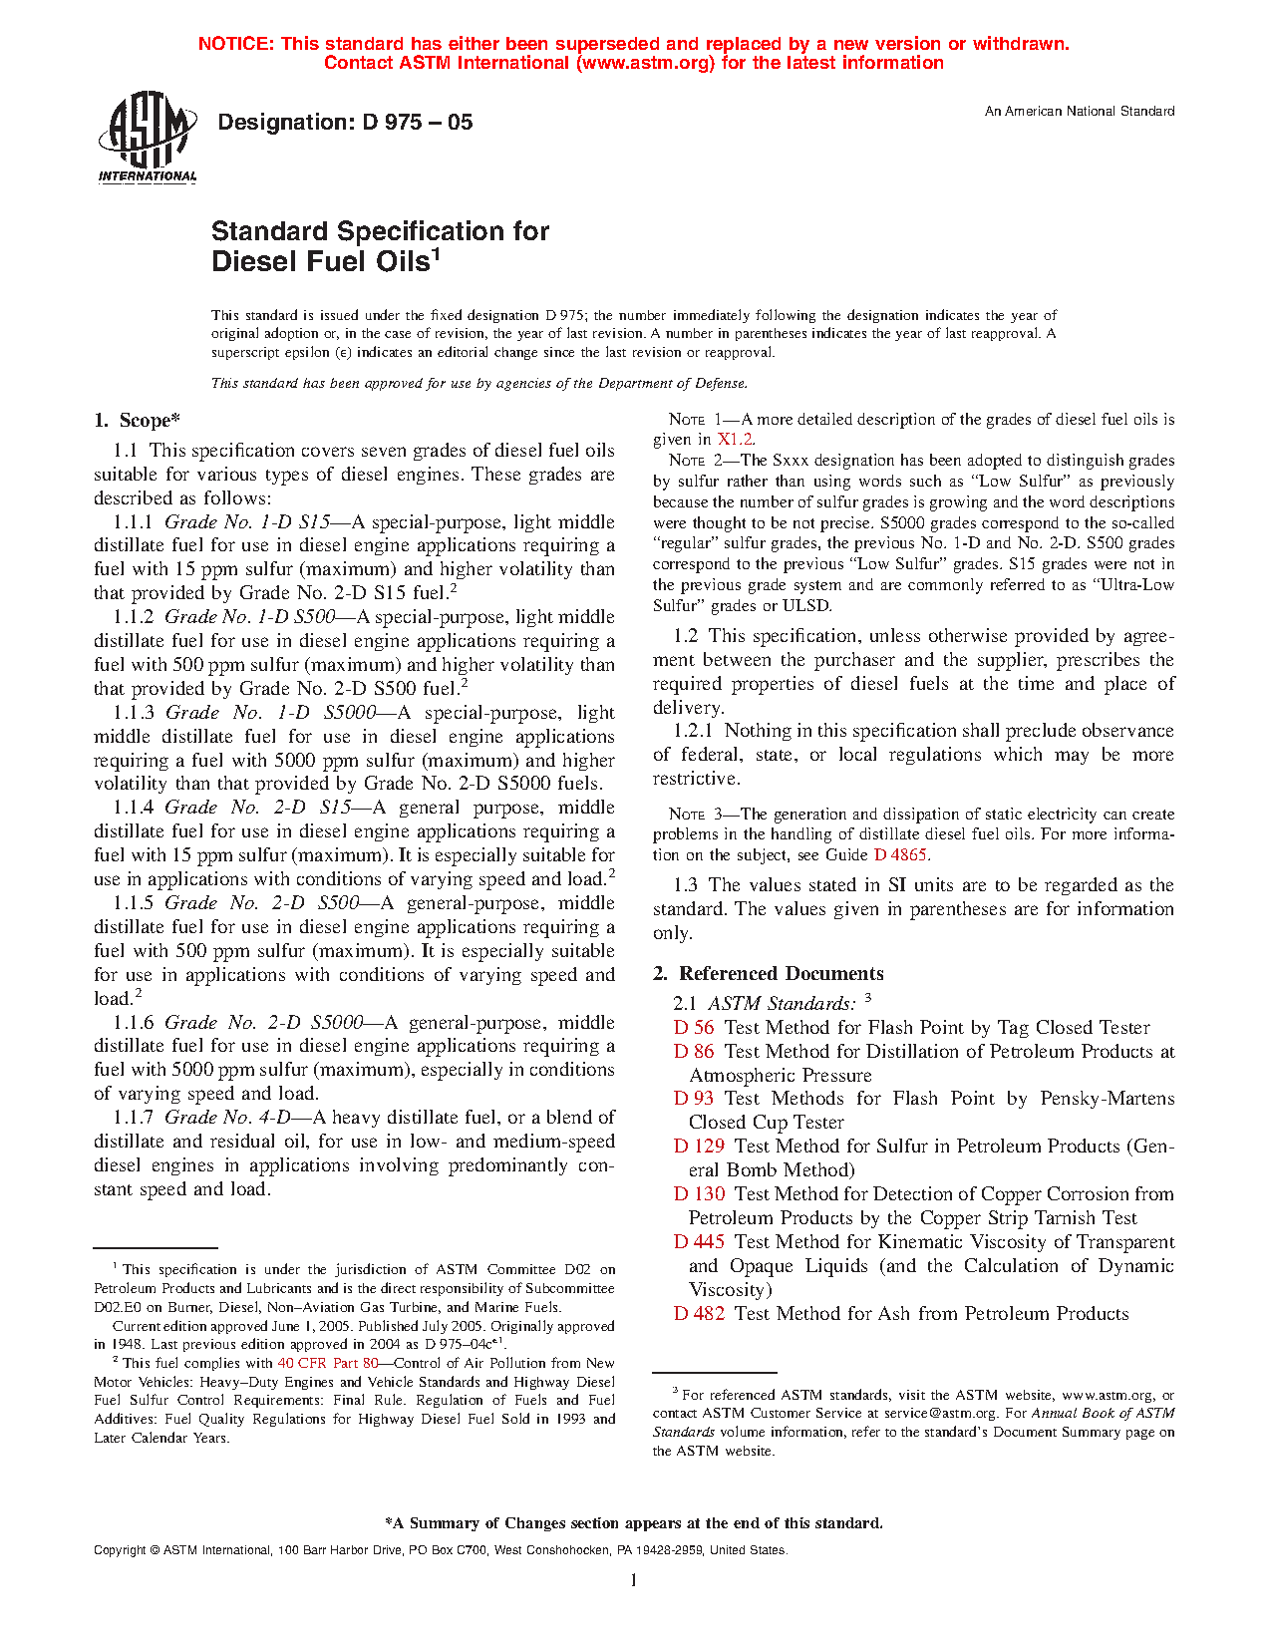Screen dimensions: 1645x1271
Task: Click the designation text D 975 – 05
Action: [x=345, y=123]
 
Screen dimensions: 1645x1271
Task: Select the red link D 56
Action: [x=694, y=1028]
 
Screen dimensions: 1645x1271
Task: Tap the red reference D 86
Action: [x=694, y=1052]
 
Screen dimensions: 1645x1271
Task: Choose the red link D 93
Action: [x=694, y=1099]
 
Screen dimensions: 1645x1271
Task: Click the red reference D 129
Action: [x=699, y=1147]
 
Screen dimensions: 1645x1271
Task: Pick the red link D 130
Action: [x=699, y=1194]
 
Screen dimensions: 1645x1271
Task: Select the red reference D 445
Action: [x=699, y=1242]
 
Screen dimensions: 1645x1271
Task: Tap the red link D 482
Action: [x=699, y=1314]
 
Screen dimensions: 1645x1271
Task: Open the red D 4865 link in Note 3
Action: [x=901, y=854]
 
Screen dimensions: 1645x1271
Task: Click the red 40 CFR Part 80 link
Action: [x=328, y=1363]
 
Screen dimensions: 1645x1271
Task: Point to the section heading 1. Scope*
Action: [x=138, y=421]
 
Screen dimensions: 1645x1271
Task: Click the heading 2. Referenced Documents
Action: [x=769, y=974]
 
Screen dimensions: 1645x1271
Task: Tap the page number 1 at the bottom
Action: [x=634, y=1579]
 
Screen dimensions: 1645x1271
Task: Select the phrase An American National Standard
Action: [x=1080, y=112]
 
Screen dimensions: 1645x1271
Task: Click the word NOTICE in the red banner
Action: [x=235, y=44]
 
